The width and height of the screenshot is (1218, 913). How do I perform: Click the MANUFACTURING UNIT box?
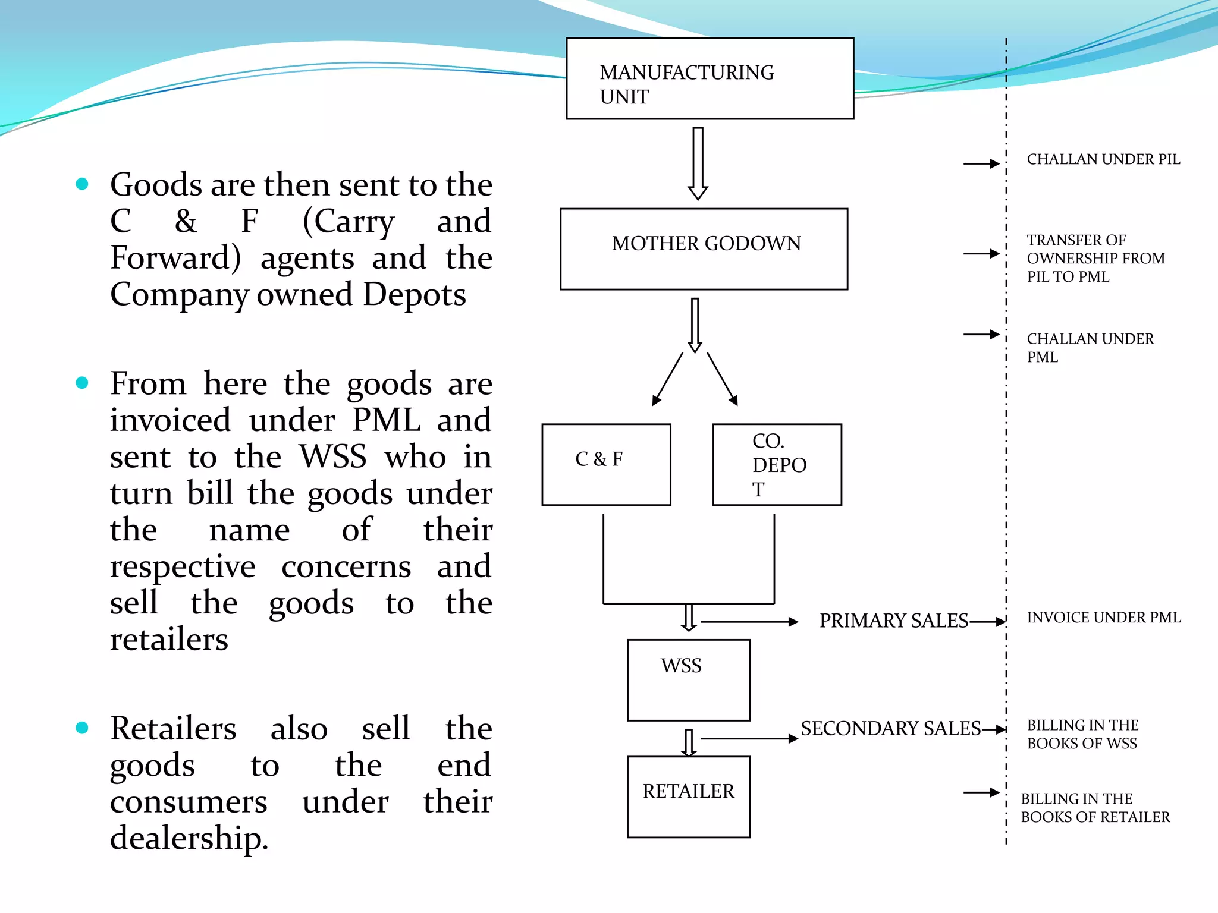point(710,78)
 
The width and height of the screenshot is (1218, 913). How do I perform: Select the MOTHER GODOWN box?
point(704,249)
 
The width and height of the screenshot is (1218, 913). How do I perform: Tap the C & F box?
point(606,465)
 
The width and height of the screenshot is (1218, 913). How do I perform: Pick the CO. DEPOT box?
point(777,465)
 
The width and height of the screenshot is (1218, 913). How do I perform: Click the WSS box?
point(688,680)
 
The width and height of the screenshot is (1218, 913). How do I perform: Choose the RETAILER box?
point(688,796)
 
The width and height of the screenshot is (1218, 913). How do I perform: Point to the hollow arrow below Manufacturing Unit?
point(698,163)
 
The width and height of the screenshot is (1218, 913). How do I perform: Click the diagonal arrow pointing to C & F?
point(667,379)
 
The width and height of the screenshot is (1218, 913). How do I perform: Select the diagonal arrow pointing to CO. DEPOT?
point(723,379)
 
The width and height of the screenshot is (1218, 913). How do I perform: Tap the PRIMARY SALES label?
point(893,621)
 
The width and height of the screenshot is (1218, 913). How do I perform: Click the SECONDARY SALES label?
point(890,728)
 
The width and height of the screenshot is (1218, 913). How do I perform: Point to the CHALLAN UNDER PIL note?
point(1103,159)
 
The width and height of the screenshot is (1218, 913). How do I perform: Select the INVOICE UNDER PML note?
point(1103,618)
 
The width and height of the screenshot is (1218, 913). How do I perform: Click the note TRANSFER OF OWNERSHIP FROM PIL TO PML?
point(1095,258)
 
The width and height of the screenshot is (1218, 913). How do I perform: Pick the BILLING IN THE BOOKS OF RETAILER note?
point(1095,808)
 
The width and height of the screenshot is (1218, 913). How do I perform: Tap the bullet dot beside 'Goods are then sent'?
point(82,184)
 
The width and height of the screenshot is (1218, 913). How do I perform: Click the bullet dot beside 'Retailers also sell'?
point(82,728)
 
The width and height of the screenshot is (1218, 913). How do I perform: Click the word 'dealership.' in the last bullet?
point(189,838)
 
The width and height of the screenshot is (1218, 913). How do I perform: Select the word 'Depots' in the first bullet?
point(414,294)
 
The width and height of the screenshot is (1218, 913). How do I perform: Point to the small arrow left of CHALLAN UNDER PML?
point(981,335)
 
